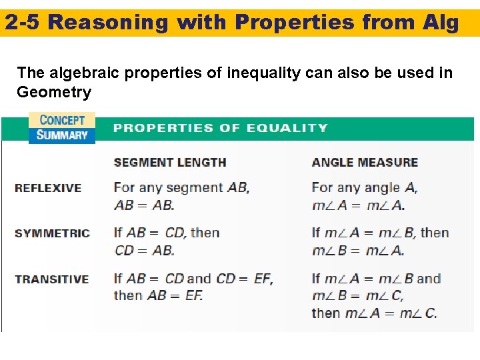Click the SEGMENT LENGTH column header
[170, 162]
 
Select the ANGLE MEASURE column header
[365, 162]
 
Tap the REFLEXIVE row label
[48, 188]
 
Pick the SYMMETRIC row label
[52, 233]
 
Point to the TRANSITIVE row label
[52, 279]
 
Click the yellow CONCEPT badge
[62, 120]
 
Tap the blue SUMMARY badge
[62, 135]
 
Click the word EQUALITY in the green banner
[293, 127]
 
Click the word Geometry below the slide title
[54, 92]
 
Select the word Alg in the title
[440, 23]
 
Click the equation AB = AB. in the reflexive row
[144, 205]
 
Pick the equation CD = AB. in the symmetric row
[144, 250]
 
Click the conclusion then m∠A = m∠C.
[374, 313]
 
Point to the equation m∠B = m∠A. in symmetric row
[358, 250]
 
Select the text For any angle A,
[365, 188]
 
